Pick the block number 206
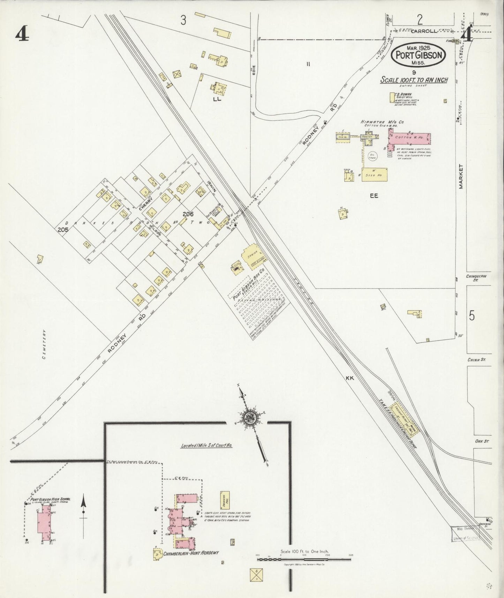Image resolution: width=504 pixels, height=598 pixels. coord(188,214)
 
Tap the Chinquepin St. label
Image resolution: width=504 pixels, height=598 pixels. coord(476,278)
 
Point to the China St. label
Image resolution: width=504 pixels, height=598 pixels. coord(477,359)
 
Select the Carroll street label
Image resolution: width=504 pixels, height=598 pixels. coord(423,31)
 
